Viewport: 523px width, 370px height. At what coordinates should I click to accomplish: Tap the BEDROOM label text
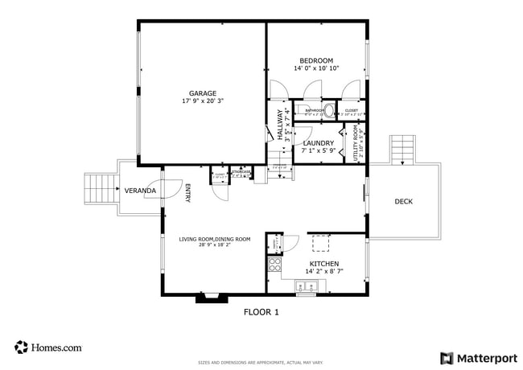(x=316, y=60)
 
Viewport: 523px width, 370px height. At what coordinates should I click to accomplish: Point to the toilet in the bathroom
(x=329, y=112)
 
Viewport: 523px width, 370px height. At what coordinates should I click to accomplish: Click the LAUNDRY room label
(x=318, y=142)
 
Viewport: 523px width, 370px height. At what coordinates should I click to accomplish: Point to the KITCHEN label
(x=324, y=263)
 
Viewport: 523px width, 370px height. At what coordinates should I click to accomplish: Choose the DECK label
(x=403, y=201)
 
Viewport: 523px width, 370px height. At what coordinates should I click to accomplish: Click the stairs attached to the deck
(x=402, y=150)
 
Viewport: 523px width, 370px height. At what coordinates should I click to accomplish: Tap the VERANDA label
(x=140, y=191)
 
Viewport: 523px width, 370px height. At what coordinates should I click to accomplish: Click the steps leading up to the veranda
(x=101, y=190)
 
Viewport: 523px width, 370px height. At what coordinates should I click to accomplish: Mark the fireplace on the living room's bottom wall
(x=211, y=298)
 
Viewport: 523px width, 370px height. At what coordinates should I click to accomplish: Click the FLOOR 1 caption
(x=261, y=312)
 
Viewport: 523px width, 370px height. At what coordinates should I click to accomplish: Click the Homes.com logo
(x=49, y=347)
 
